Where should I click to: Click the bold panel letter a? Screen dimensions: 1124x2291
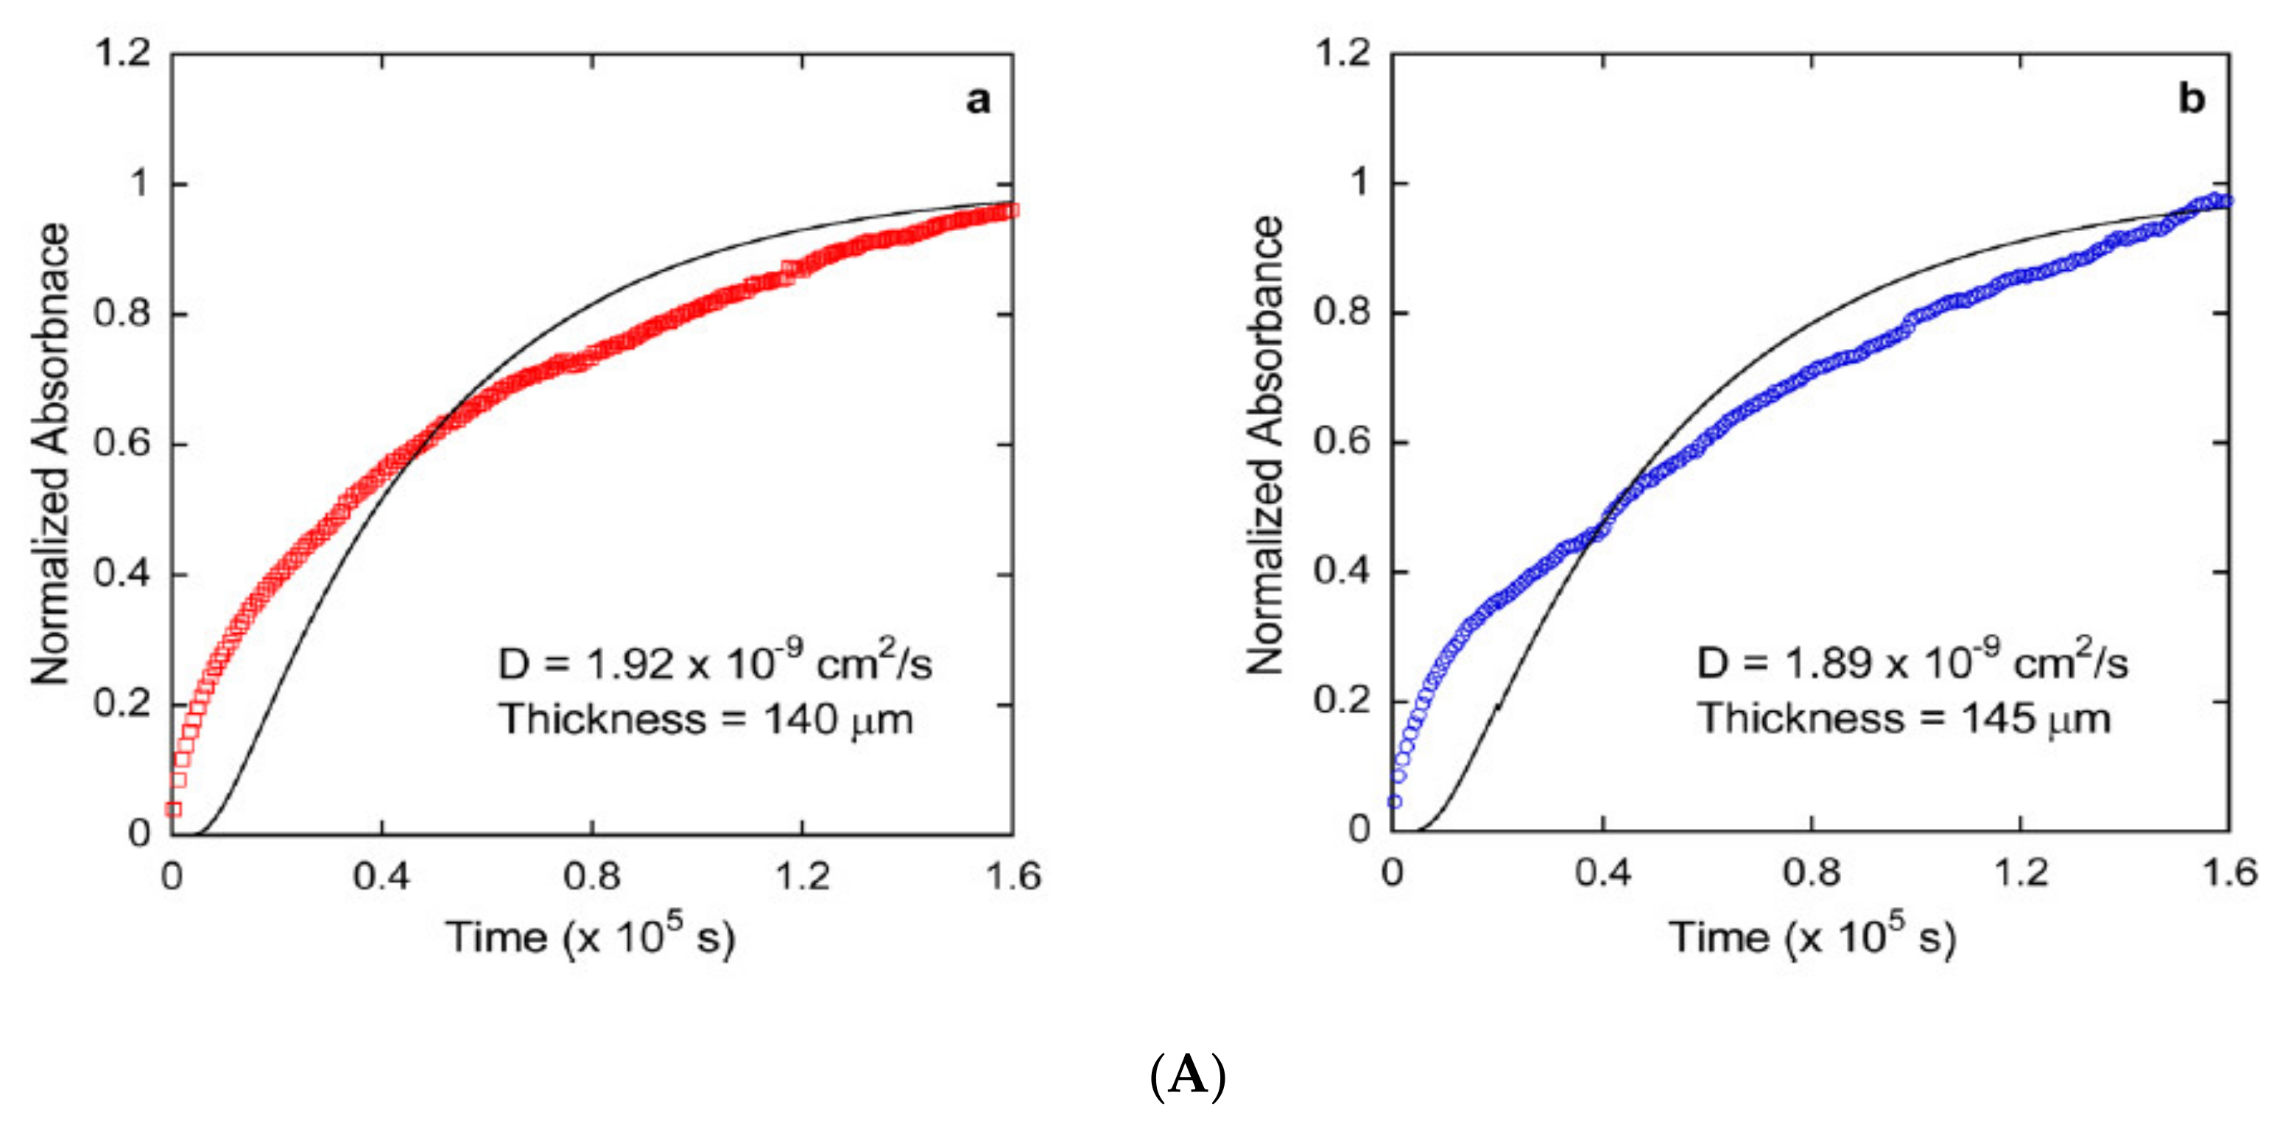[977, 101]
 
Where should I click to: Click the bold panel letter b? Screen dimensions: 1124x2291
[2192, 99]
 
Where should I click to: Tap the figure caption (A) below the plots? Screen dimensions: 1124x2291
[1188, 1076]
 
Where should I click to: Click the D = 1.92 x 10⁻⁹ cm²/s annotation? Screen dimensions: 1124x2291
[714, 662]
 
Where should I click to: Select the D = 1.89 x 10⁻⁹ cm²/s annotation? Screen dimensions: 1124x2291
[1912, 662]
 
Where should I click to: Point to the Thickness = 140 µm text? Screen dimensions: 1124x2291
[706, 718]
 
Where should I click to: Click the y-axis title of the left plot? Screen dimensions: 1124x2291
[51, 453]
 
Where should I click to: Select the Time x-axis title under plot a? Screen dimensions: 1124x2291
[591, 936]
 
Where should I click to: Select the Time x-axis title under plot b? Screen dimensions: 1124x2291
[1812, 936]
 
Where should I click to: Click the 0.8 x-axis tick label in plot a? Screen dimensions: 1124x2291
[591, 876]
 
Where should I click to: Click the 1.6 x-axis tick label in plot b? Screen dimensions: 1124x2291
[2228, 872]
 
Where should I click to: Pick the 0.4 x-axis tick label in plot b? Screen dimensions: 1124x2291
[1602, 872]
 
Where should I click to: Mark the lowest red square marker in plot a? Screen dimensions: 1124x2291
[173, 809]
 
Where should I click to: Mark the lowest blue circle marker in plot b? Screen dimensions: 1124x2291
[1395, 801]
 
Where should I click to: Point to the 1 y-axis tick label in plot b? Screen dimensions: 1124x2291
[1359, 183]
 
